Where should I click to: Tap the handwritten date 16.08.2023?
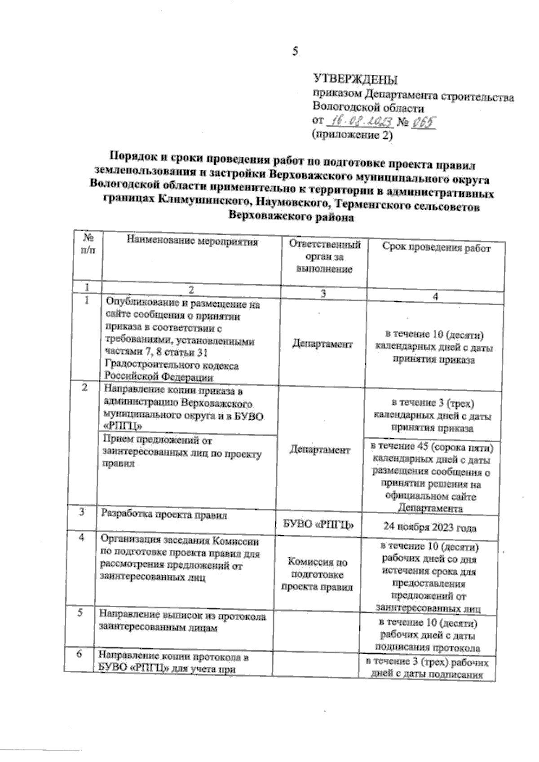[360, 122]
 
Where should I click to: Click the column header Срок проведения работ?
[436, 248]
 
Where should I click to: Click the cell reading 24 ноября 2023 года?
[430, 528]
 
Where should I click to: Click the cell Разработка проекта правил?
[164, 515]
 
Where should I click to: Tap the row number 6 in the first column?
[79, 655]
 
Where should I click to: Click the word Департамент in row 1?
[322, 344]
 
